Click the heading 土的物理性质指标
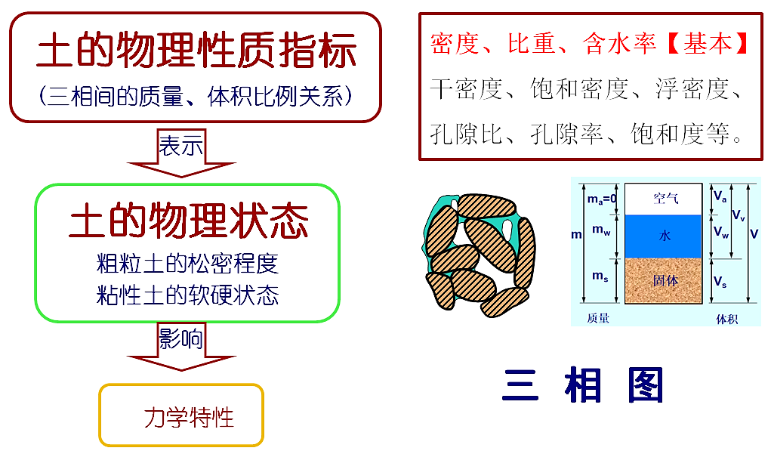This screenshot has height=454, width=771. pos(196,50)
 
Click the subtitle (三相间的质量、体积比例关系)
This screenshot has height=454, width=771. pos(196,96)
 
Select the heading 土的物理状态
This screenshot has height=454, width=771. pos(188,221)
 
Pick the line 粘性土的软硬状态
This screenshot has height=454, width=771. pos(187,295)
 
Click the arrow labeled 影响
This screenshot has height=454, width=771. pos(181,346)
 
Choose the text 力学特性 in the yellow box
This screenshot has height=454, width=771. pos(189,418)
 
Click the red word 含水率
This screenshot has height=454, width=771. pos(619,43)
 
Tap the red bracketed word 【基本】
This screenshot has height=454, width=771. pos(708,43)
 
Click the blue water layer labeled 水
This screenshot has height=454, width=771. pos(663,236)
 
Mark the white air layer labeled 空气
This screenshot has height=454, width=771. pos(663,199)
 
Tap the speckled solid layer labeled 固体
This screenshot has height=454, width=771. pos(663,280)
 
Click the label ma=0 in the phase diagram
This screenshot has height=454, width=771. pos(602,199)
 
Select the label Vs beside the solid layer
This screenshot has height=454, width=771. pos(720,282)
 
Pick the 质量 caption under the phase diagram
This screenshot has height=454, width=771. pos(598,318)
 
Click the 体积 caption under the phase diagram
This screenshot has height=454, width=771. pos(726,320)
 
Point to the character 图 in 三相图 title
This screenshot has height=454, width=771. pos(646,385)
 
